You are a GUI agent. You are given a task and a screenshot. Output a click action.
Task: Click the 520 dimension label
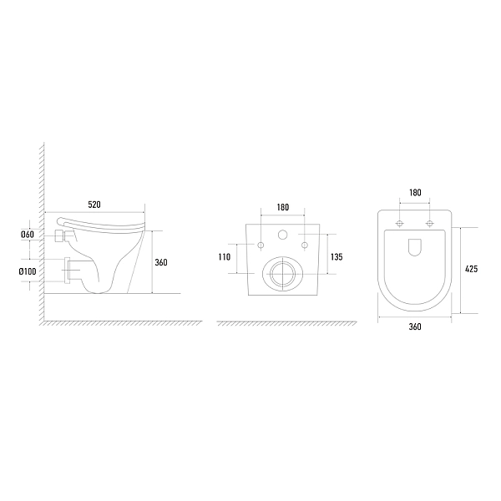tap(94, 205)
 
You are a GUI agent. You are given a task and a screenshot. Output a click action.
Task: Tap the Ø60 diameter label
tap(28, 235)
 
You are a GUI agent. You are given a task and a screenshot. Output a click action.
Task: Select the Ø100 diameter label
tap(28, 271)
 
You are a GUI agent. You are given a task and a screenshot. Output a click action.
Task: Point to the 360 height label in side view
tap(161, 262)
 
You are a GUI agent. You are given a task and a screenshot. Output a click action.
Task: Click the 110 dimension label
tap(225, 257)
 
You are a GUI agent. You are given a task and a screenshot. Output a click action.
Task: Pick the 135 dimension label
tap(337, 257)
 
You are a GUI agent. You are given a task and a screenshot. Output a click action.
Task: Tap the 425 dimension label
tap(471, 269)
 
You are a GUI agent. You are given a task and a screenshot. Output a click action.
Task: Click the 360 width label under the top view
tap(415, 326)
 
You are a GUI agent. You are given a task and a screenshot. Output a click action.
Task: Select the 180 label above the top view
tap(415, 192)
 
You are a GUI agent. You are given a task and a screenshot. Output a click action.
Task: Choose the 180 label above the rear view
tap(283, 207)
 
